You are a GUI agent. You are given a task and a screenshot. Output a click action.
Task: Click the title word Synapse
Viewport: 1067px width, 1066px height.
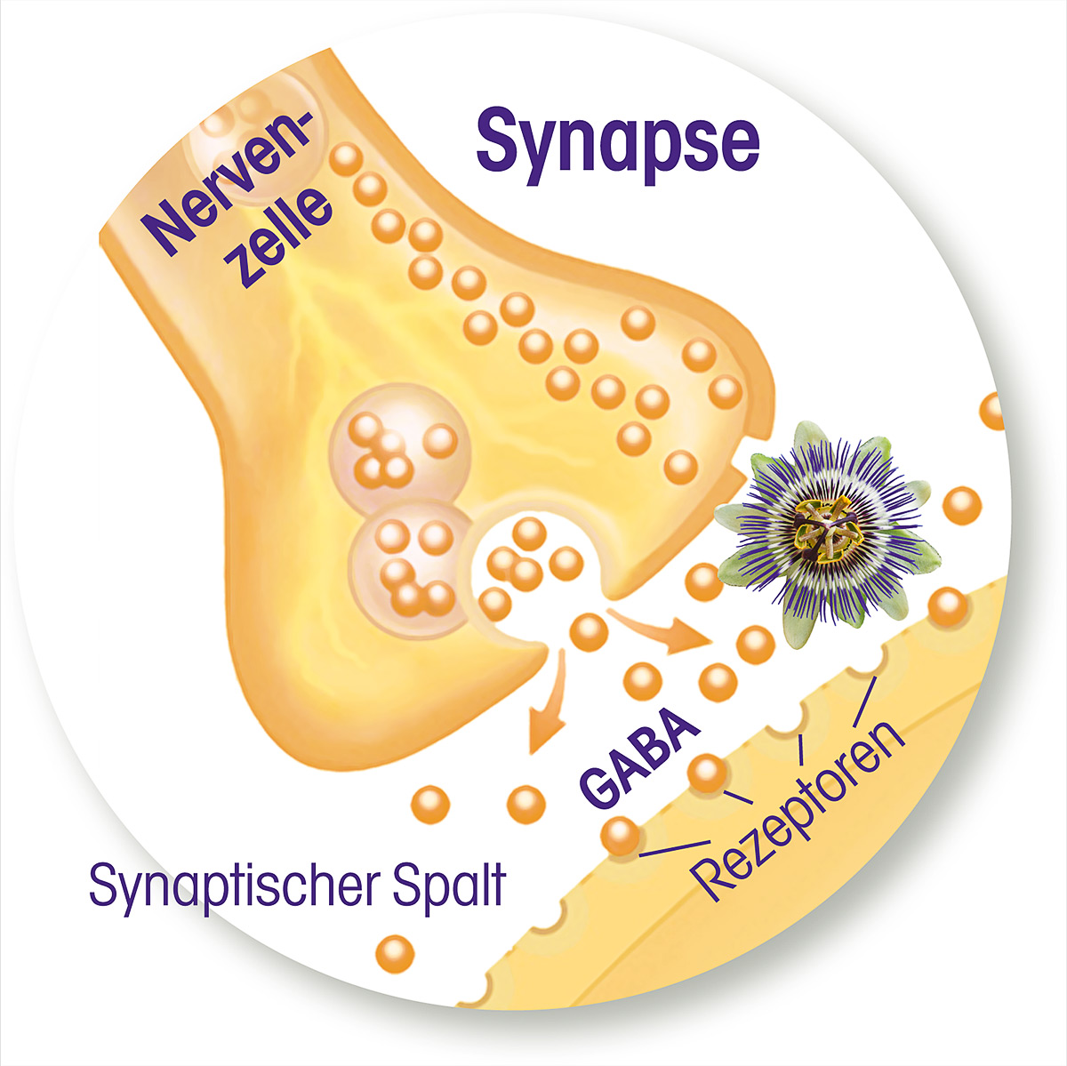coord(617,143)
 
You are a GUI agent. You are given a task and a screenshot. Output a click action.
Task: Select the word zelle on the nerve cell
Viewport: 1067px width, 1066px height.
coord(283,240)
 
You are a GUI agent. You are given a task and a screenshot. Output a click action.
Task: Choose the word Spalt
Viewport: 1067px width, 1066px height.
coord(448,884)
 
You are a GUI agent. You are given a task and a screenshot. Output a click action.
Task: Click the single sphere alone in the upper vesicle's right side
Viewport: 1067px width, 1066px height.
coord(441,441)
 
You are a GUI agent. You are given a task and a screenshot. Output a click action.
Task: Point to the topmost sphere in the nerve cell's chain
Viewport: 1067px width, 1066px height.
coord(346,159)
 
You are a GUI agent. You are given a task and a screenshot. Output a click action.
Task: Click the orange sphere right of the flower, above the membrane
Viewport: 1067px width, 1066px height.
coord(962,506)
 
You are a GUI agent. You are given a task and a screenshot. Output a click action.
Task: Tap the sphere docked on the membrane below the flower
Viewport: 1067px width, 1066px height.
coord(948,607)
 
